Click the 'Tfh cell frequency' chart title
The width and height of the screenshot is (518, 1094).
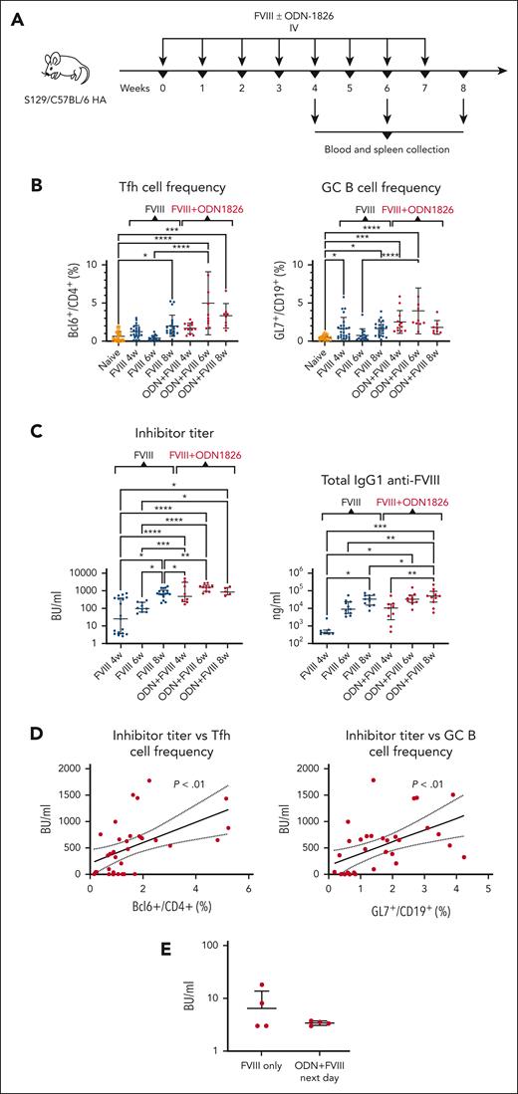click(x=142, y=185)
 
